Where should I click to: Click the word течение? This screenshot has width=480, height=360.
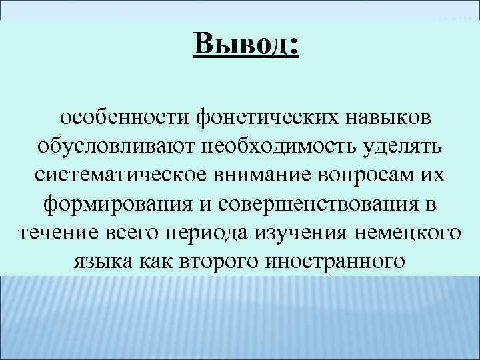tap(54, 232)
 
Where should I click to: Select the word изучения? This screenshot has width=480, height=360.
tap(304, 232)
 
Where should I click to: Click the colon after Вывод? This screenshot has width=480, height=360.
tap(295, 47)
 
